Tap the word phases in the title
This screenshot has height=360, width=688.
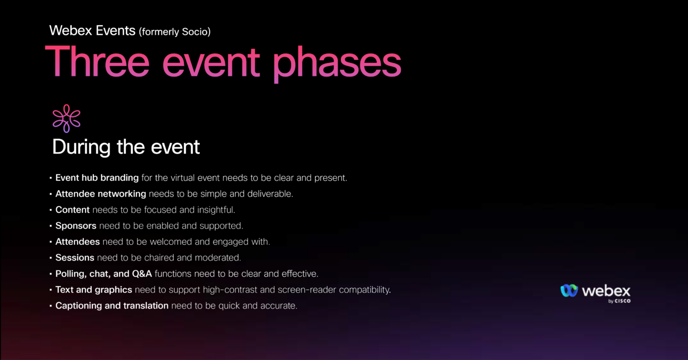click(337, 64)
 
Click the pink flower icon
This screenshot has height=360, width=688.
click(67, 118)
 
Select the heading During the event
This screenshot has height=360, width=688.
click(126, 147)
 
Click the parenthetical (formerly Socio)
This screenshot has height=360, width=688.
click(175, 31)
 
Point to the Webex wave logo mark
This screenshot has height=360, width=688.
click(569, 290)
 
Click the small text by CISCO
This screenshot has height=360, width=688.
click(619, 301)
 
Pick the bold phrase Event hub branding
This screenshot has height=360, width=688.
click(97, 178)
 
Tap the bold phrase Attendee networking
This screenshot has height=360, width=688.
click(101, 194)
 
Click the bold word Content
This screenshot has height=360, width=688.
click(72, 210)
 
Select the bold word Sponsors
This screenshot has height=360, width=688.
click(76, 226)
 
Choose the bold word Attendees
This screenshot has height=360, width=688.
click(78, 242)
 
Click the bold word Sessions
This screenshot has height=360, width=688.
click(75, 257)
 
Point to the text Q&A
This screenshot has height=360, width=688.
click(142, 274)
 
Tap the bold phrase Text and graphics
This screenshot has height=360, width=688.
click(94, 290)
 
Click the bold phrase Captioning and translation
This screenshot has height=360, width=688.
click(112, 306)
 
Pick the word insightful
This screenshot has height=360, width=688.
click(216, 210)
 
